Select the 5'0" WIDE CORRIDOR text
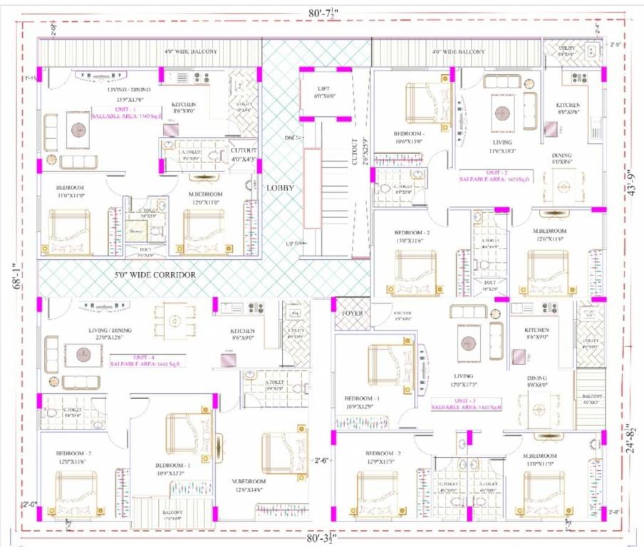[156, 273]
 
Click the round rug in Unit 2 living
[504, 113]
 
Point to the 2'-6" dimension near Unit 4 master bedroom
[322, 459]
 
